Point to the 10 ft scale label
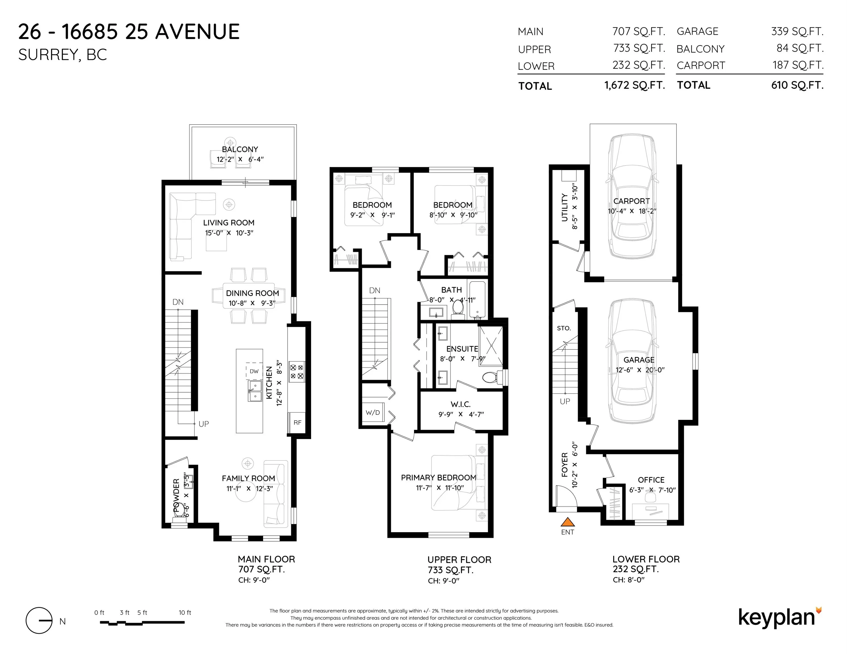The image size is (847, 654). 185,613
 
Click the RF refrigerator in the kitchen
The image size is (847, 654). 297,422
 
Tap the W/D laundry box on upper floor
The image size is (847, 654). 373,413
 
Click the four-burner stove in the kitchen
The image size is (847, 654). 297,371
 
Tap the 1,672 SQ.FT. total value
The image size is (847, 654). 634,85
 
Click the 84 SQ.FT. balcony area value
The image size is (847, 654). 800,49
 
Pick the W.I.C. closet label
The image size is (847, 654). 461,404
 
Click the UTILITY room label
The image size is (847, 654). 565,208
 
